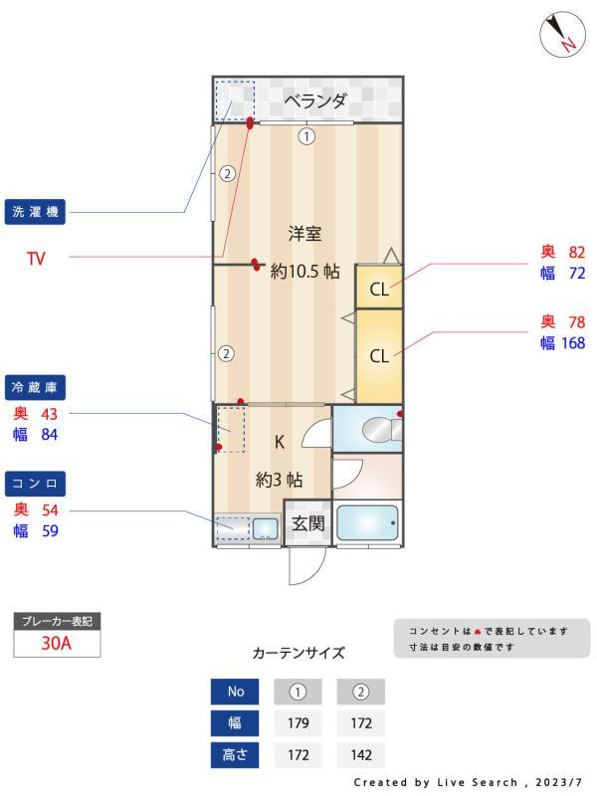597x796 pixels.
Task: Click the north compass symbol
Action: (562, 35)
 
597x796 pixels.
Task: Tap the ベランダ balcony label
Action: (315, 100)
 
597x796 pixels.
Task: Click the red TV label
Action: (36, 259)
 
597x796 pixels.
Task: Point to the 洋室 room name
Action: (305, 234)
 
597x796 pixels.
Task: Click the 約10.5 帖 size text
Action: (305, 271)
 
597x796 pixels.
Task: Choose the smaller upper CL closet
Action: (379, 290)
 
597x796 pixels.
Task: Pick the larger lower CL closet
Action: (379, 355)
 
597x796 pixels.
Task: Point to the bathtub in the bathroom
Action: (367, 522)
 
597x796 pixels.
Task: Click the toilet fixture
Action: (379, 429)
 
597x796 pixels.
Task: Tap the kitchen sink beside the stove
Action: (265, 527)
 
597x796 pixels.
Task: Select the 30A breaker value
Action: (57, 643)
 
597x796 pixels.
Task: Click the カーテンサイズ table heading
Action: (298, 654)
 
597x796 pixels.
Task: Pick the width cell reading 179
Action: (298, 723)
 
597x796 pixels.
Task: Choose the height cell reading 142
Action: (360, 755)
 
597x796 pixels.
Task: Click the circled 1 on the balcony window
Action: (306, 136)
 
